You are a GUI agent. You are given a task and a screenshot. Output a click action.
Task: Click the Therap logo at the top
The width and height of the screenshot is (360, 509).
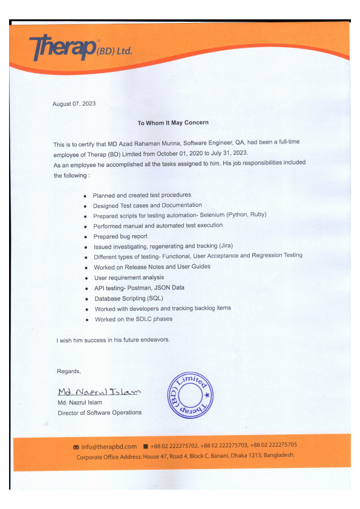point(80,47)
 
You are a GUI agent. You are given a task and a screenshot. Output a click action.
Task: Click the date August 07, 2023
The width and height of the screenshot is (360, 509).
point(74,104)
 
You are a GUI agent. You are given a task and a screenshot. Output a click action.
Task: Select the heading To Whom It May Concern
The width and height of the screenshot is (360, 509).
point(173,123)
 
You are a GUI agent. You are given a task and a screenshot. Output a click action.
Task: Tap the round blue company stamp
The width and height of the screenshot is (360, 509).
point(189,394)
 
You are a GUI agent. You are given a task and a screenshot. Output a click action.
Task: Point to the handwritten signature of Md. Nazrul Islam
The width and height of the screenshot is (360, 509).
point(99,392)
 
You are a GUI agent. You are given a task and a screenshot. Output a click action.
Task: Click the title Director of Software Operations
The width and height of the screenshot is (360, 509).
point(99,412)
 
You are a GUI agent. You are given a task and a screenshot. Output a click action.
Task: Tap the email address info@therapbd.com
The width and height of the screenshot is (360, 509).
point(109,446)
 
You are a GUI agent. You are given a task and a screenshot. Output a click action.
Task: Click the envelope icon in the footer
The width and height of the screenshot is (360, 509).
point(76,447)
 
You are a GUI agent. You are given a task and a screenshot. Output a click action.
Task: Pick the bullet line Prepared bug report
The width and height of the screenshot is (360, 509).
point(120,236)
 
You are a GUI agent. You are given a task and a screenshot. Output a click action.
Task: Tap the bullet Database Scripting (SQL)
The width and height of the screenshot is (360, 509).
point(128,298)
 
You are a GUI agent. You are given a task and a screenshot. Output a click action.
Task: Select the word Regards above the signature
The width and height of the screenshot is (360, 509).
point(68,371)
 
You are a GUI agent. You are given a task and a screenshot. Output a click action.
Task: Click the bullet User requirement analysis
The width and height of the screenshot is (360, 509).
point(128,277)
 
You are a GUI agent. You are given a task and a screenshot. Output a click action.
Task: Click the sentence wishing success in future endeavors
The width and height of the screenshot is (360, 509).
point(113,340)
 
